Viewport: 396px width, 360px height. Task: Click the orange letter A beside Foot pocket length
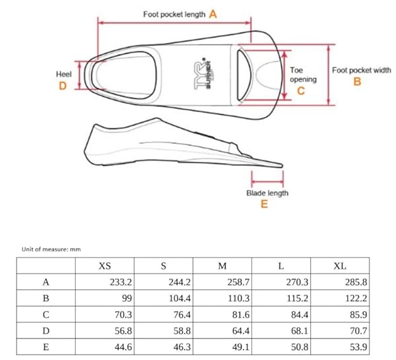(x=213, y=14)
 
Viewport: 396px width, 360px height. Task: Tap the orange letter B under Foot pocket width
(x=357, y=81)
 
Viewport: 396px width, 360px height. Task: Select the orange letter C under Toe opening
(x=301, y=90)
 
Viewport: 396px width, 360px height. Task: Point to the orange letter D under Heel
(x=63, y=86)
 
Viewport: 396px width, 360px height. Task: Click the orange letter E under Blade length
(x=264, y=204)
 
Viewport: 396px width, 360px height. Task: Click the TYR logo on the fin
(x=203, y=75)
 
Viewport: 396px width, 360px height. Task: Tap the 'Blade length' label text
(x=267, y=193)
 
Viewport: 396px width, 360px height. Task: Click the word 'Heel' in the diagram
(x=63, y=74)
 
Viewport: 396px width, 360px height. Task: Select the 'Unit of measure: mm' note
(x=51, y=249)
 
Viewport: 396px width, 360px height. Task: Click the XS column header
(x=105, y=266)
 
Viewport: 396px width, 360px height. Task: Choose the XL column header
(x=340, y=266)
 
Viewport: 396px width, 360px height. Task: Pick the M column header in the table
(x=222, y=266)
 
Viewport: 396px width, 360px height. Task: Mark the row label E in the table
(x=46, y=347)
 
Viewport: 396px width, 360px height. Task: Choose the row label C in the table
(x=46, y=315)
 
